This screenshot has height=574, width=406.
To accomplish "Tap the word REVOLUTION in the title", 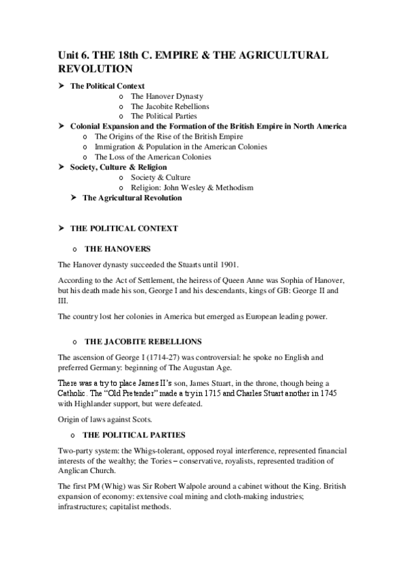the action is (x=95, y=69).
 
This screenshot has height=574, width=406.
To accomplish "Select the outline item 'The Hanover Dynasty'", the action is (x=167, y=96).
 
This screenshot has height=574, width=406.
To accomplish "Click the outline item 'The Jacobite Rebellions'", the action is (x=170, y=106).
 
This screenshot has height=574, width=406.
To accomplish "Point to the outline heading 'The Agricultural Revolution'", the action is (x=132, y=198).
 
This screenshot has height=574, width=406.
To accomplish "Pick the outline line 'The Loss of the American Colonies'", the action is (x=153, y=157).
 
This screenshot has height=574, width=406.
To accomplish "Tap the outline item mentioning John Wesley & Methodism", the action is (x=182, y=187).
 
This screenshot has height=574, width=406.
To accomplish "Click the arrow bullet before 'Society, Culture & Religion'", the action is (x=62, y=167).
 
